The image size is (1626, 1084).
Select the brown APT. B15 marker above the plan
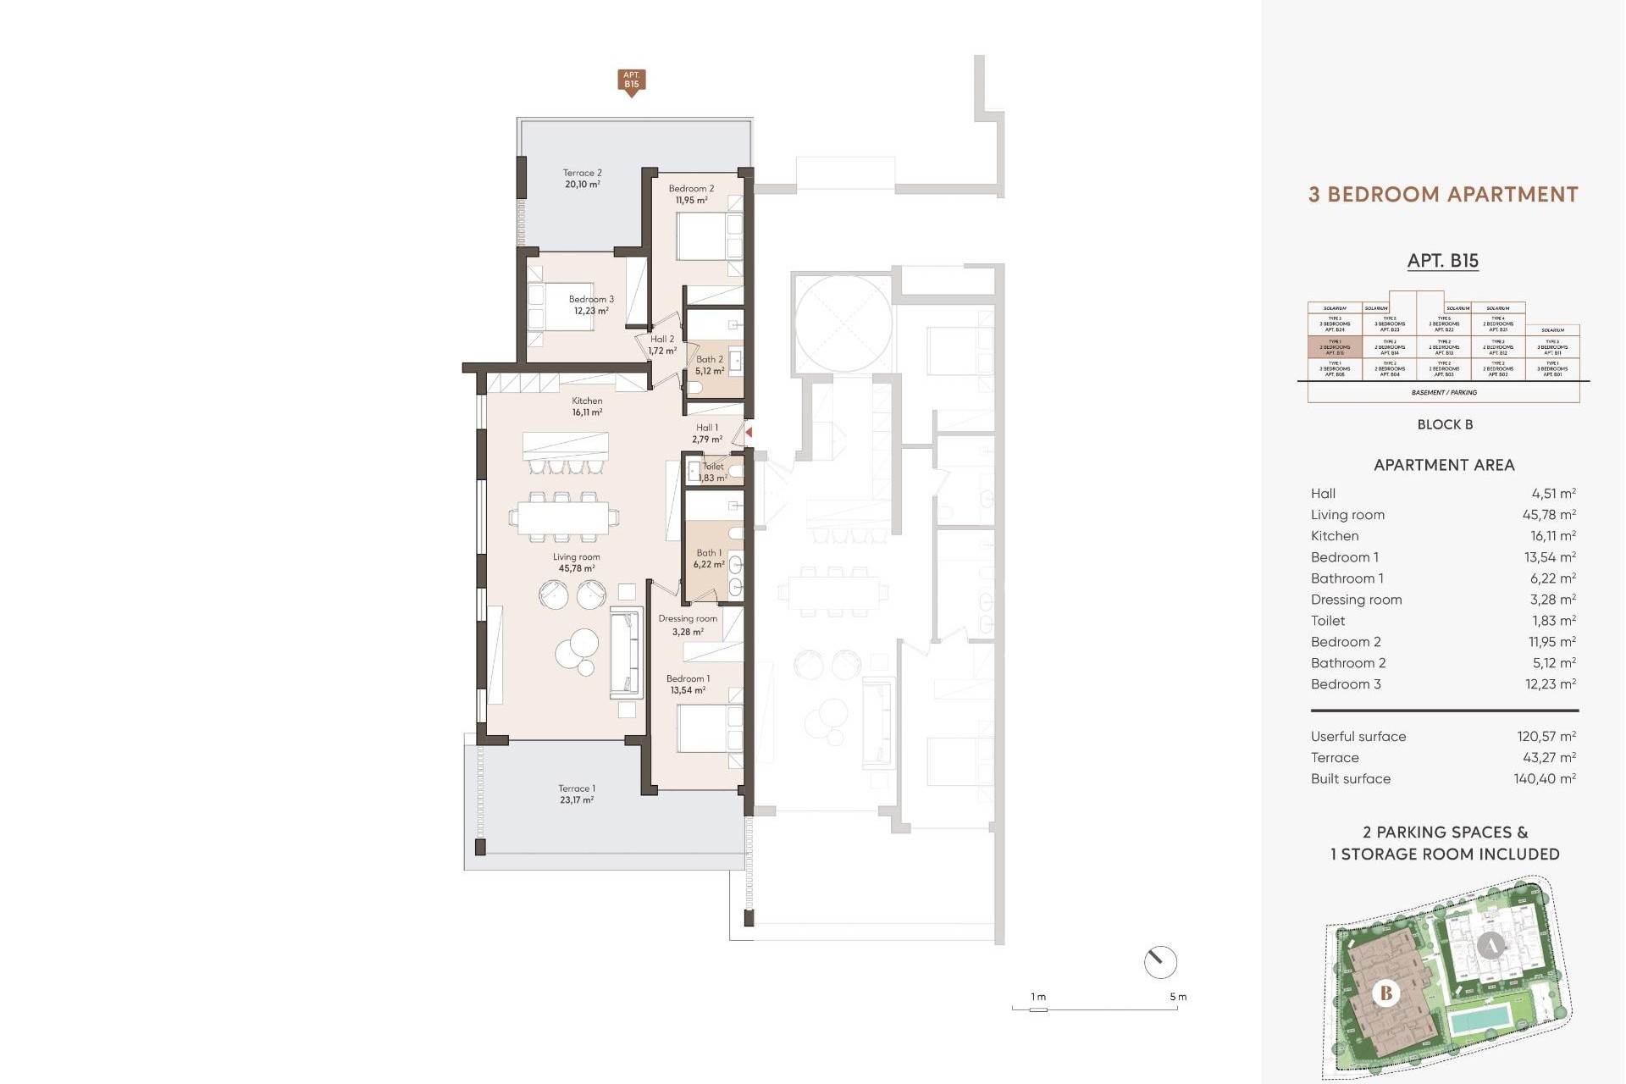coord(631,81)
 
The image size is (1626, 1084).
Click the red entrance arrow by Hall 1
coord(749,433)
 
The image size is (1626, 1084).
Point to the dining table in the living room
coord(563,517)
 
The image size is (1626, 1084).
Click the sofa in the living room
coord(625,653)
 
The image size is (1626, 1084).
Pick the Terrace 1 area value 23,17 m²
coord(576,799)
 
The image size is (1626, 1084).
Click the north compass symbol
coord(1159,962)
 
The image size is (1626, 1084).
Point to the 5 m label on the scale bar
coord(1177,997)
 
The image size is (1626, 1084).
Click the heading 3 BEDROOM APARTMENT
coord(1443,195)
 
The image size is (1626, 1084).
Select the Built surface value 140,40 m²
coord(1544,779)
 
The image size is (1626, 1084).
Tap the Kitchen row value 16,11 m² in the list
coord(1551,536)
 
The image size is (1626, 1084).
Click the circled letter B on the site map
coord(1385,993)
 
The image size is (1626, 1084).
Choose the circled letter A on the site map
coord(1490,945)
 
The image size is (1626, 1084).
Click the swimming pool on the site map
coord(1479,1021)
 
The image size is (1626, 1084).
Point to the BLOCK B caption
coord(1445,424)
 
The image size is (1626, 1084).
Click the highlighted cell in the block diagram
coord(1335,347)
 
